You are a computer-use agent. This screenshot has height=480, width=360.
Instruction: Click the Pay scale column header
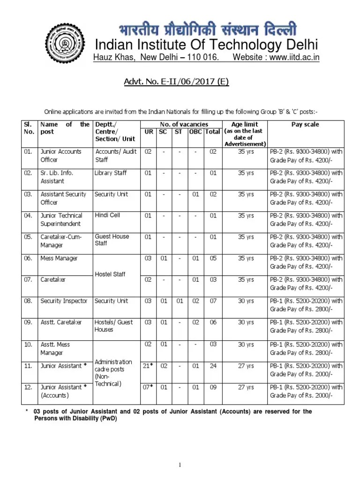(305, 125)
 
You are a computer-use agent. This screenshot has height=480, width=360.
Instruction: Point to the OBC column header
(195, 132)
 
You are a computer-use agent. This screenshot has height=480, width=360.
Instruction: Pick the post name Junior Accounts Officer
(61, 156)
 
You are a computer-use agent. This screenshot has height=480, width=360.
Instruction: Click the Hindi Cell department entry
(107, 215)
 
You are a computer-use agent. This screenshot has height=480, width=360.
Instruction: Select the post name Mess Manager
(59, 258)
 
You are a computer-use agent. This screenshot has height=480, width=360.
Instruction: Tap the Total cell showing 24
(213, 366)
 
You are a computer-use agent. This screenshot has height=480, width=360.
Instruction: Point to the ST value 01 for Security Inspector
(179, 301)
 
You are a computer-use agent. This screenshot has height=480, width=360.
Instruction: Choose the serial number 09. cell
(29, 322)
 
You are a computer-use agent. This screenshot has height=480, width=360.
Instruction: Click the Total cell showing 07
(213, 301)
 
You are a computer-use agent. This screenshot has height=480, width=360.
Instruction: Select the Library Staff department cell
(111, 173)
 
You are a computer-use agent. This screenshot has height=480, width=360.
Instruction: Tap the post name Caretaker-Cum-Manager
(61, 241)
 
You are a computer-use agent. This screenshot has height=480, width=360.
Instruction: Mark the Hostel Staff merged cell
(110, 274)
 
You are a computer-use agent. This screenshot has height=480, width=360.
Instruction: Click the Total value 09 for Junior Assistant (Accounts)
(213, 387)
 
